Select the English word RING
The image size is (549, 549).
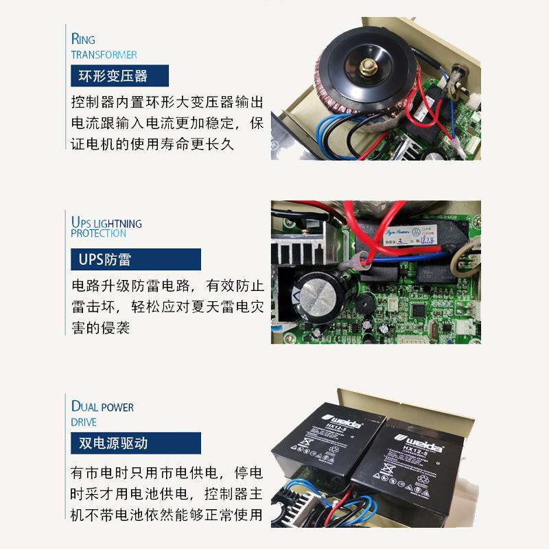83,39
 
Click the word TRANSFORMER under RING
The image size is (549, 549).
104,54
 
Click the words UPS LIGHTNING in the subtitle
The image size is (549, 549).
106,223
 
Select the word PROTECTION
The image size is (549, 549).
98,233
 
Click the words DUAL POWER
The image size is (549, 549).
102,407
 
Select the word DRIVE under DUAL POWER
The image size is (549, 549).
84,422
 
